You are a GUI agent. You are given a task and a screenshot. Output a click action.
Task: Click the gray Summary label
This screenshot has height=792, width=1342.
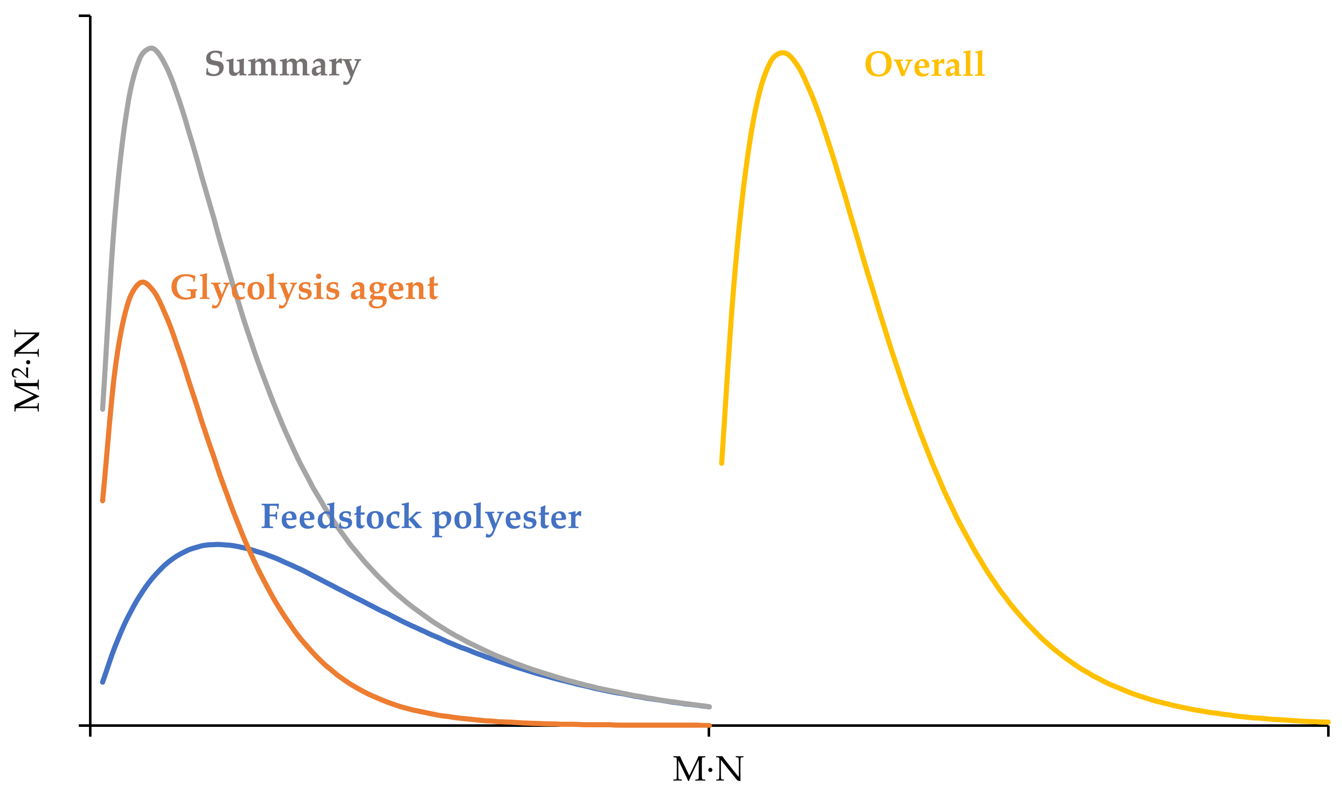[283, 65]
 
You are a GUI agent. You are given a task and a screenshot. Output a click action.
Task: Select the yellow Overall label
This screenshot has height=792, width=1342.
[924, 65]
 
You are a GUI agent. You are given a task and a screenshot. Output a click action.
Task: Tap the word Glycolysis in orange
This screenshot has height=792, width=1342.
[255, 289]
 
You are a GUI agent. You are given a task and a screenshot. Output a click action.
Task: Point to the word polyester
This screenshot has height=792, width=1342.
[506, 518]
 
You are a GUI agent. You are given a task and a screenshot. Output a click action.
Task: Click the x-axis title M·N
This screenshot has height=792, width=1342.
[708, 769]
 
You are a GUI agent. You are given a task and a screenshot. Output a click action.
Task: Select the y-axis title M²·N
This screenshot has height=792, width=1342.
[27, 371]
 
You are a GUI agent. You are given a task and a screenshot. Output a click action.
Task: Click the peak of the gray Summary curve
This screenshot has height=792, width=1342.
[152, 49]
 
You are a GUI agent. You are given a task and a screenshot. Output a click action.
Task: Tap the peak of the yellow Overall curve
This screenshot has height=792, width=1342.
[782, 53]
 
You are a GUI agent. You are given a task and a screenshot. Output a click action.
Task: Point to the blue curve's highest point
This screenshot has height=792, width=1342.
[217, 544]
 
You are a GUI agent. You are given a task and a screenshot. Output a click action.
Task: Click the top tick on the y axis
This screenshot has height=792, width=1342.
[84, 16]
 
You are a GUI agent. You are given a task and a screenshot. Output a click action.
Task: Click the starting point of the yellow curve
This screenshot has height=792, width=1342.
[721, 463]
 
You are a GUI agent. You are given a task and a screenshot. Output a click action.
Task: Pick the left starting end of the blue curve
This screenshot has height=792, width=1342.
[103, 682]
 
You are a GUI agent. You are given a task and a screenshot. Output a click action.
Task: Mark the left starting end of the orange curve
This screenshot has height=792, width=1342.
[103, 501]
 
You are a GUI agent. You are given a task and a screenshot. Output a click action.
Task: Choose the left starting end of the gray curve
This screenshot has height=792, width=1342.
[103, 409]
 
